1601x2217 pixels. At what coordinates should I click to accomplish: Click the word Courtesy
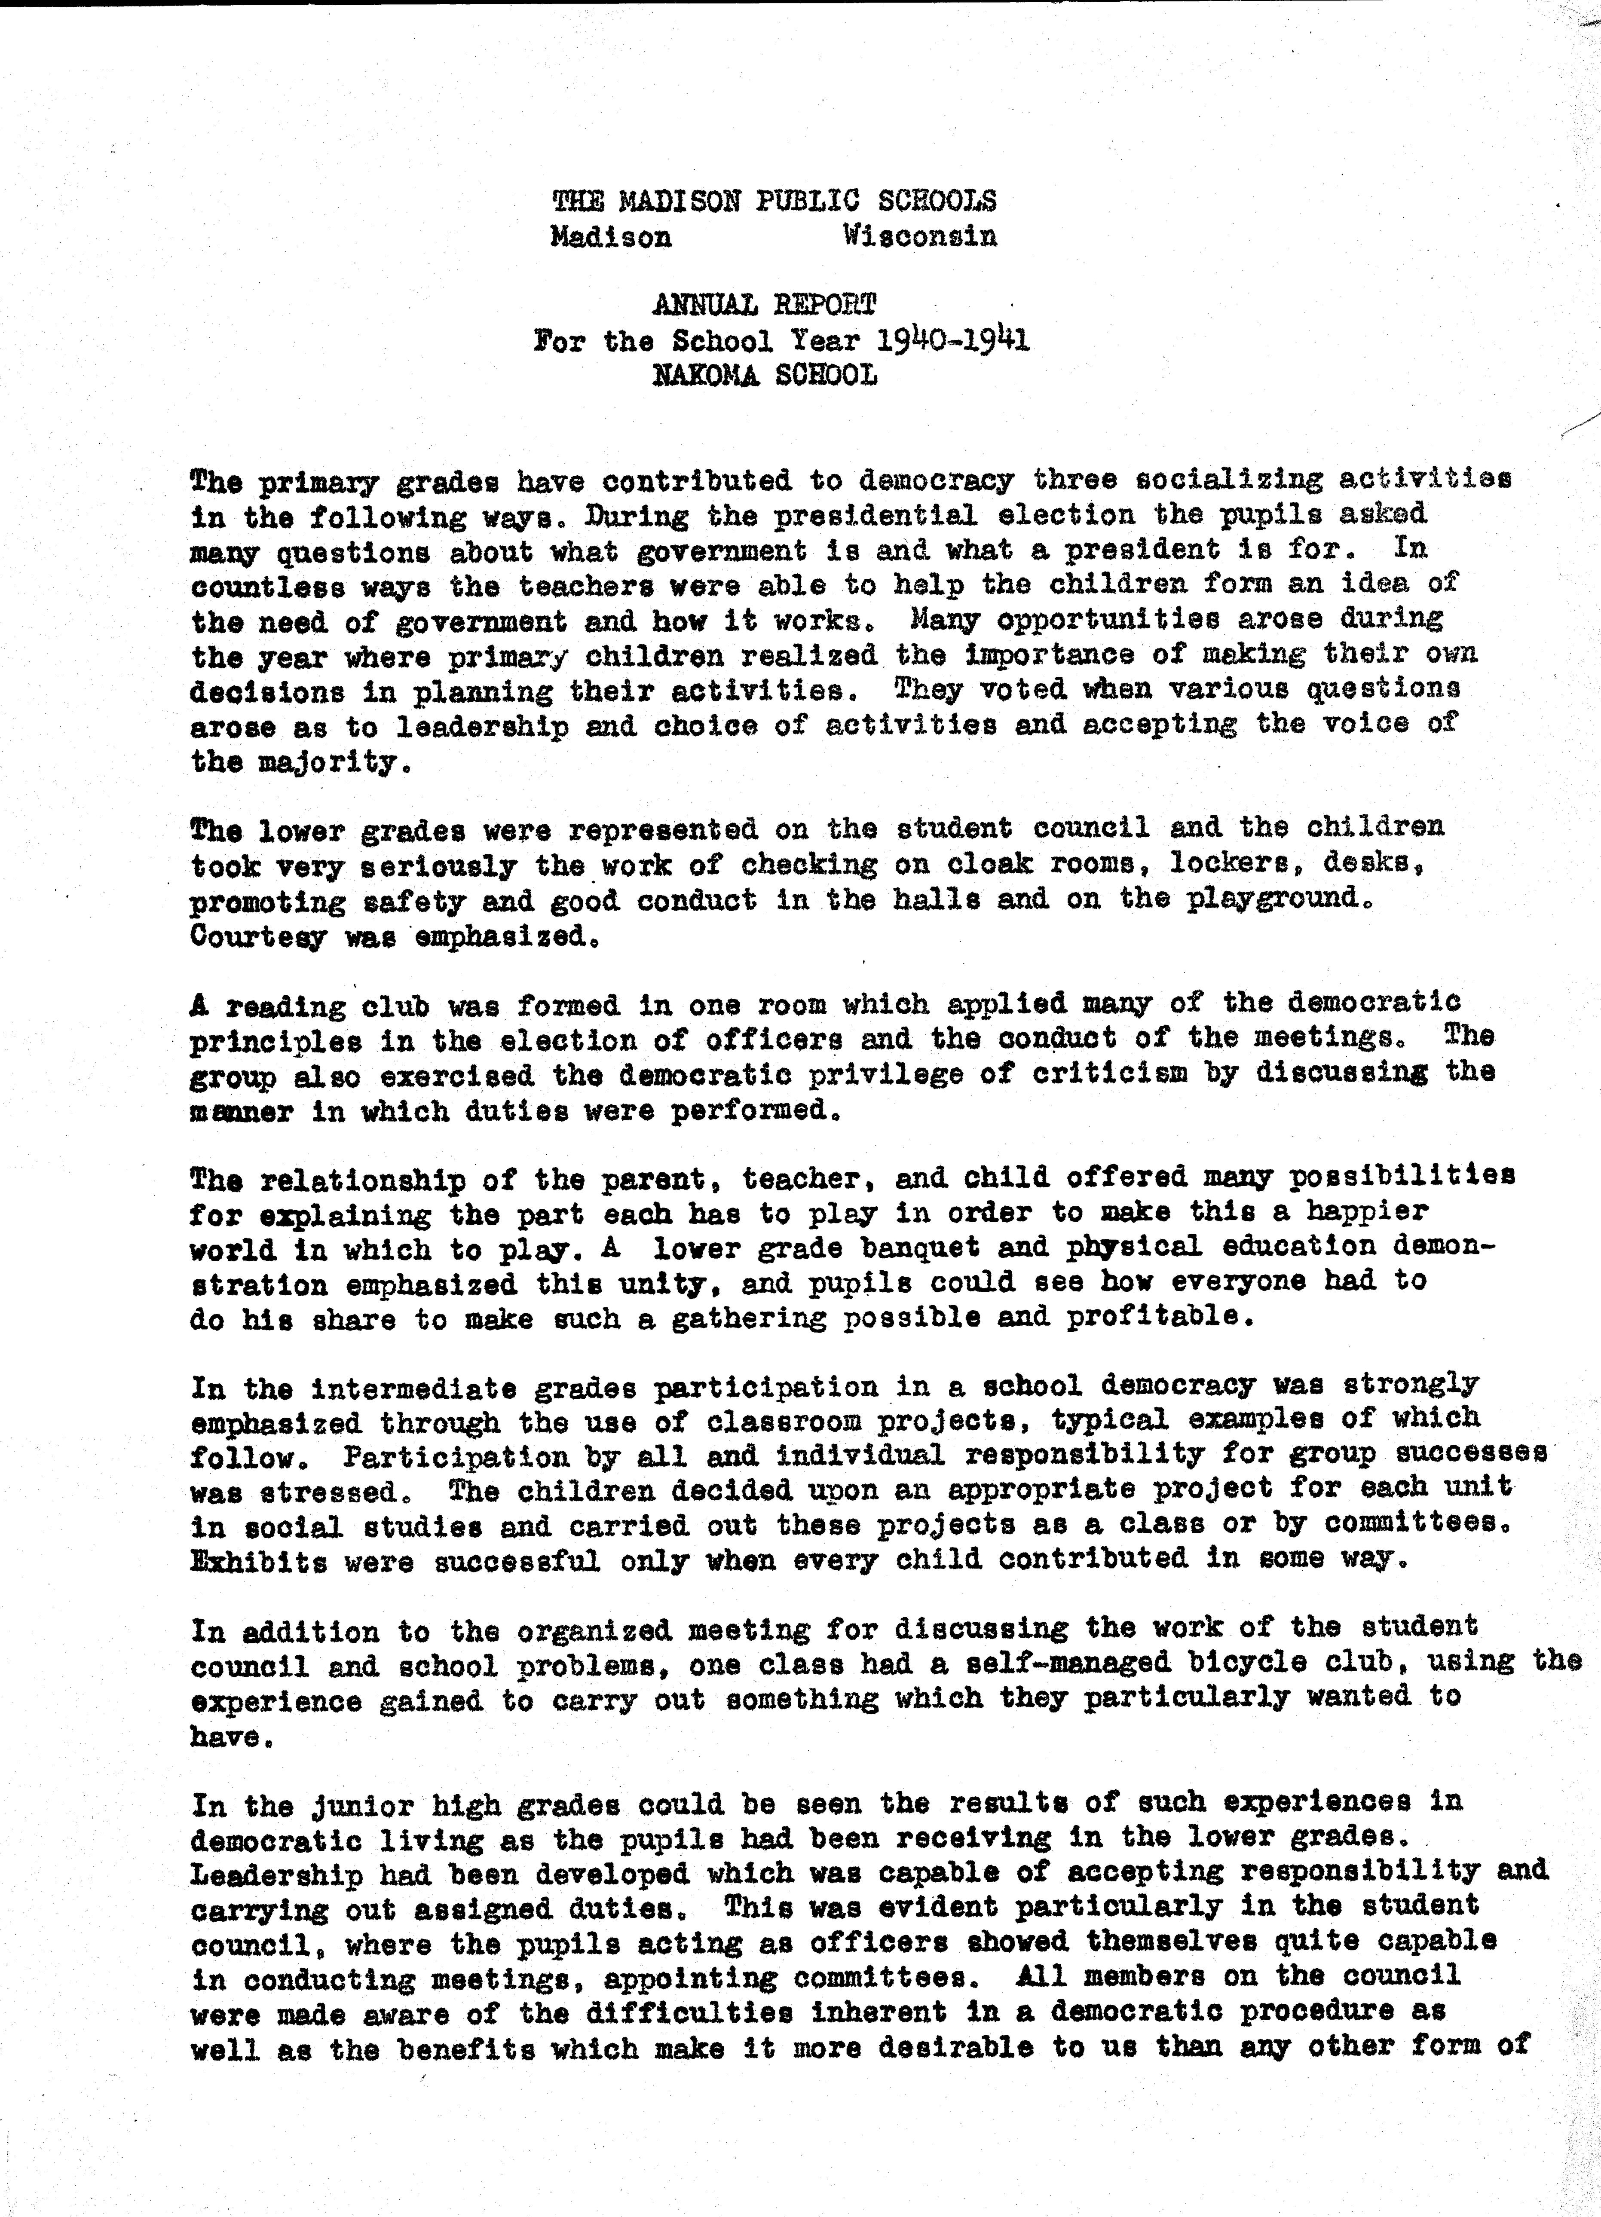[259, 936]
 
